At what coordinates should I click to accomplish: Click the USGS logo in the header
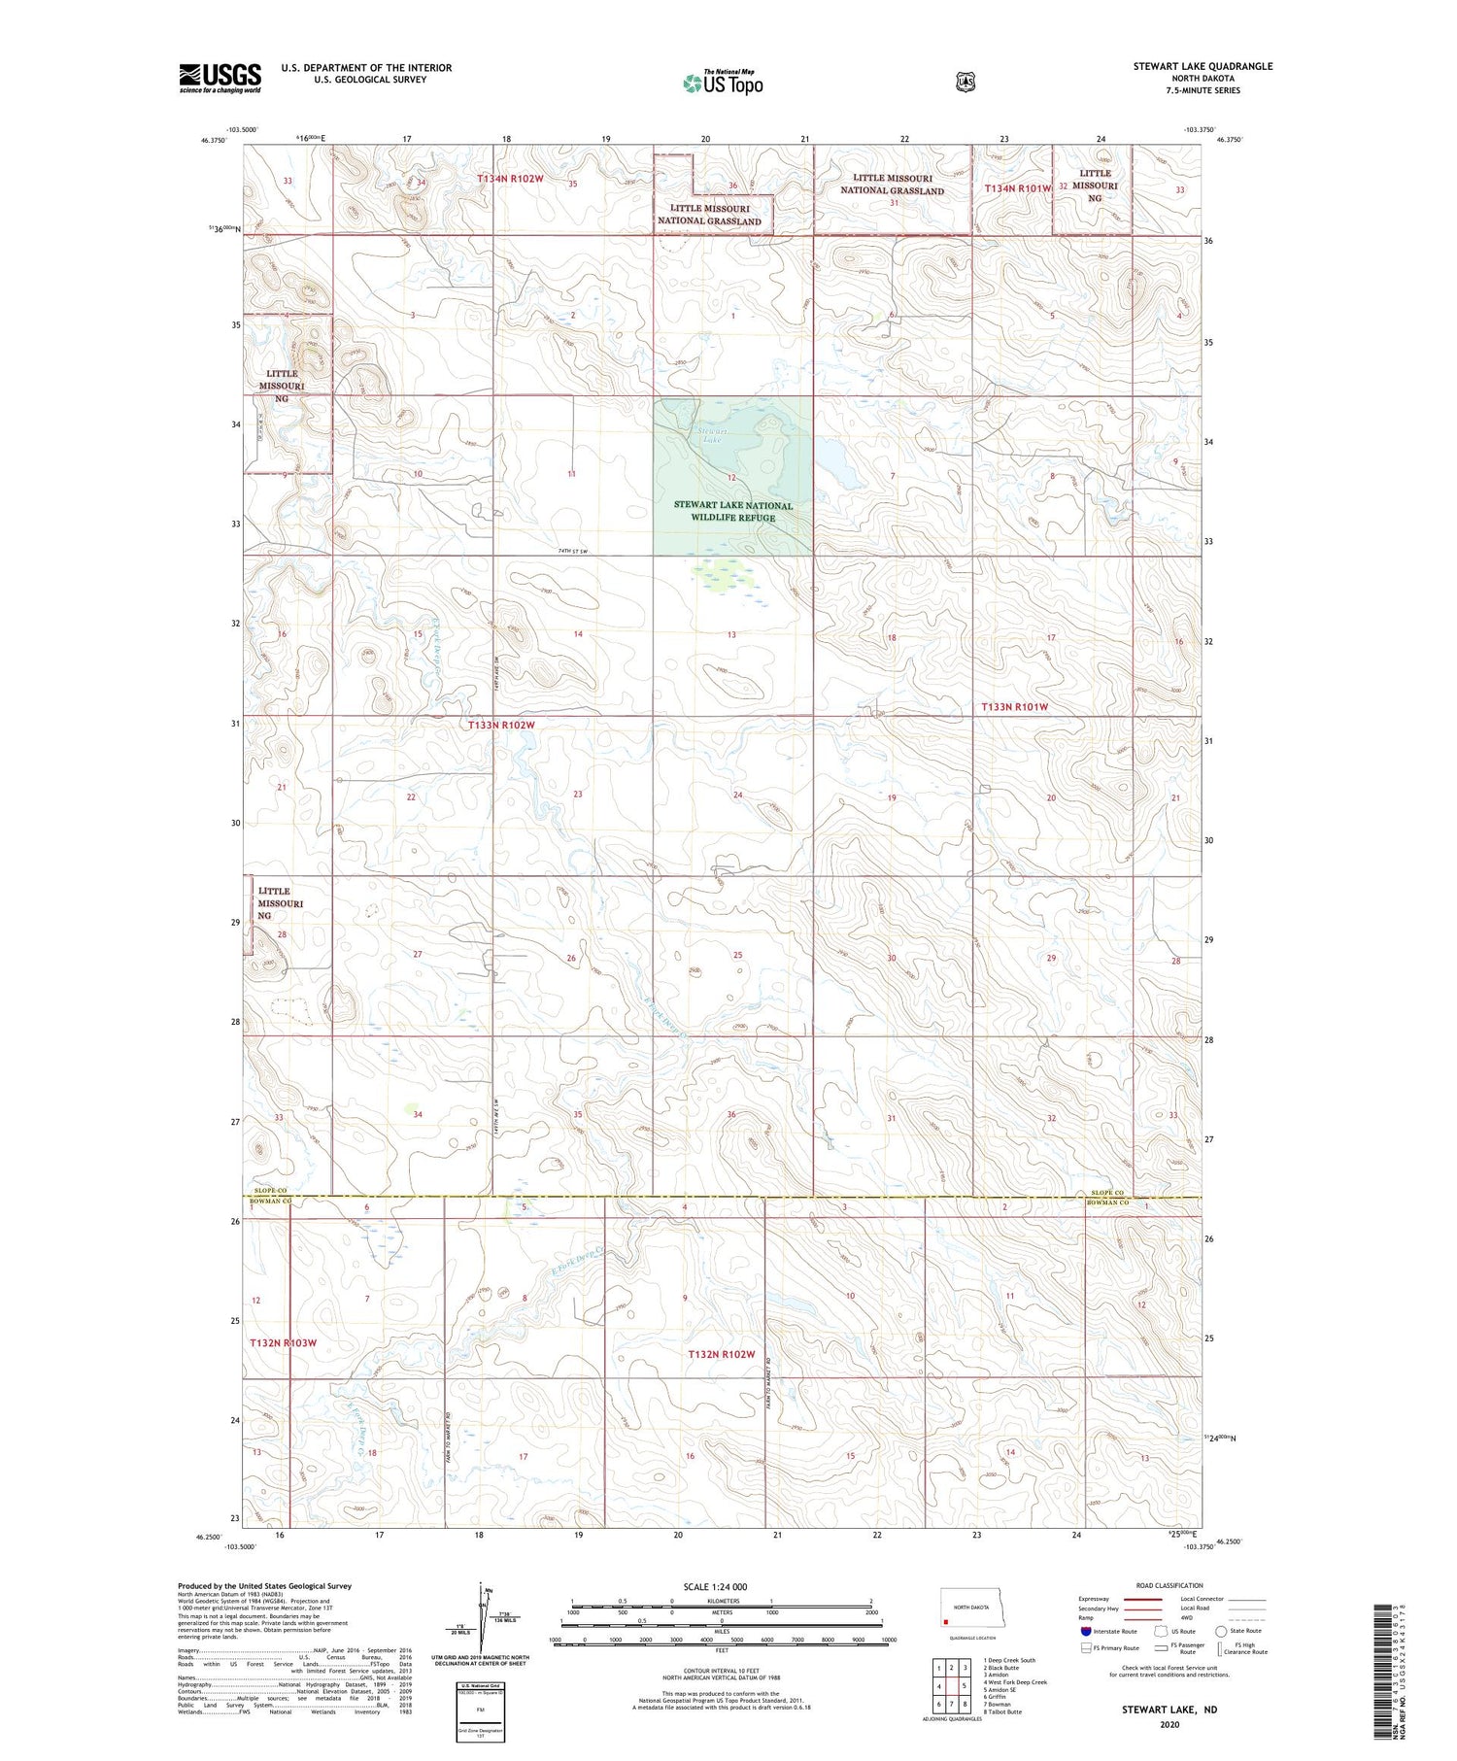pyautogui.click(x=220, y=78)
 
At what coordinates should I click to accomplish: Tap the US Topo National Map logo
pyautogui.click(x=723, y=83)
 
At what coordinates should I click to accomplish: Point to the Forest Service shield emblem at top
pyautogui.click(x=965, y=83)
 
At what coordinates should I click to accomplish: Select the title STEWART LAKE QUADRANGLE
pyautogui.click(x=1202, y=66)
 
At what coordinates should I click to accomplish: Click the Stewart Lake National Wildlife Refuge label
pyautogui.click(x=732, y=512)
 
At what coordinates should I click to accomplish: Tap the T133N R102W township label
pyautogui.click(x=501, y=726)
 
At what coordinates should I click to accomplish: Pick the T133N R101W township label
pyautogui.click(x=1015, y=707)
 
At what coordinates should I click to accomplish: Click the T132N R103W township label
pyautogui.click(x=283, y=1343)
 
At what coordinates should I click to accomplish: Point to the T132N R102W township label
pyautogui.click(x=721, y=1354)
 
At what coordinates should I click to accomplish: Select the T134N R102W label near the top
pyautogui.click(x=510, y=180)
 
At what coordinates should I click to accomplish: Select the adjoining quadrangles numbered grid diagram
pyautogui.click(x=951, y=1686)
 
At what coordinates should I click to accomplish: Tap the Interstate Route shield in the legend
pyautogui.click(x=1085, y=1631)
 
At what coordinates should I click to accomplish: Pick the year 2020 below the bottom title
pyautogui.click(x=1169, y=1725)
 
